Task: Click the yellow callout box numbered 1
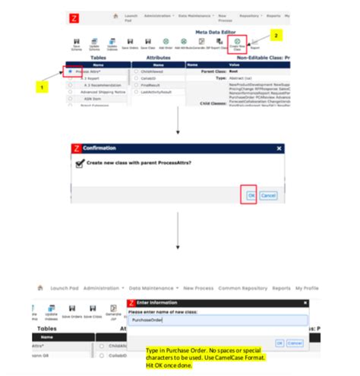(x=43, y=87)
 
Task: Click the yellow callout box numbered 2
(x=277, y=35)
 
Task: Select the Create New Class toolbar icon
(x=238, y=46)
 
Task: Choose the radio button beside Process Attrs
(x=70, y=71)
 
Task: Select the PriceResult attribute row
(x=149, y=85)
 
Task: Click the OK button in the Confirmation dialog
(x=251, y=195)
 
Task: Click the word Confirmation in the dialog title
(x=99, y=150)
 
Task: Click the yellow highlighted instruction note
(x=205, y=358)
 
